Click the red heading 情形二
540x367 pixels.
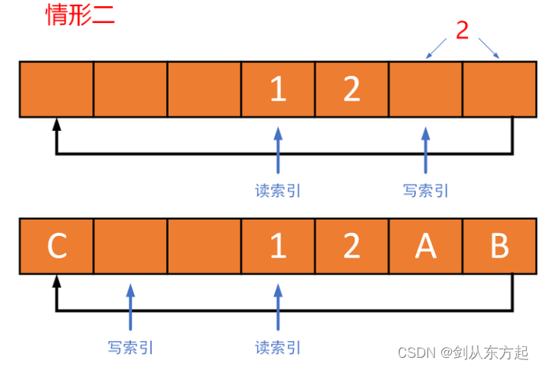click(80, 15)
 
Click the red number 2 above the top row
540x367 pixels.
click(462, 30)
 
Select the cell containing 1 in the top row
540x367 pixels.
click(278, 90)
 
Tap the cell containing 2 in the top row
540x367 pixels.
click(352, 90)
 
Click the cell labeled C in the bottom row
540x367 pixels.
click(57, 247)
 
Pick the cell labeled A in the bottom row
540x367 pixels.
click(425, 247)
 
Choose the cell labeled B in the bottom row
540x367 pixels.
click(499, 247)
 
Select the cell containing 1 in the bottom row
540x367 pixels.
click(278, 247)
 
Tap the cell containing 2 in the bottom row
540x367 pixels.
click(352, 247)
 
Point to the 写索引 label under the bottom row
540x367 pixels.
click(130, 347)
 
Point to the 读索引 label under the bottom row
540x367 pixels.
click(278, 347)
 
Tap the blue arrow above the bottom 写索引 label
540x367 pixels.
click(130, 307)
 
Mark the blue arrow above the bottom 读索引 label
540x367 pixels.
click(278, 307)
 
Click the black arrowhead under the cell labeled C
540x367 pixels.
click(56, 281)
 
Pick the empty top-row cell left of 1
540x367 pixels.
click(204, 90)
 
